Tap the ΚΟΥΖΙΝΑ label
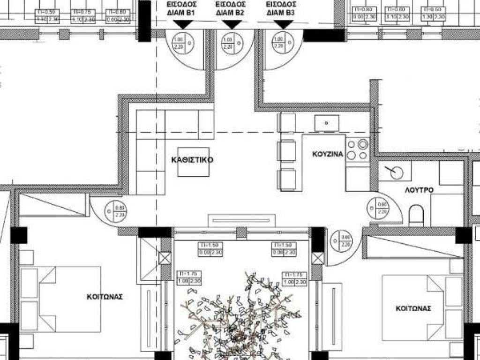point(328,154)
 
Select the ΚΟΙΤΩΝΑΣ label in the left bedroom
point(105,297)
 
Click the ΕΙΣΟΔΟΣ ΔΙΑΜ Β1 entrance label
point(180,8)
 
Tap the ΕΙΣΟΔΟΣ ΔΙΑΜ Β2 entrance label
point(229,8)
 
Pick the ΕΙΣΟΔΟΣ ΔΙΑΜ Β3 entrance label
point(280,8)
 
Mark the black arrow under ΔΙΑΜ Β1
point(180,25)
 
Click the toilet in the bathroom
point(416,216)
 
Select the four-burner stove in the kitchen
point(357,150)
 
